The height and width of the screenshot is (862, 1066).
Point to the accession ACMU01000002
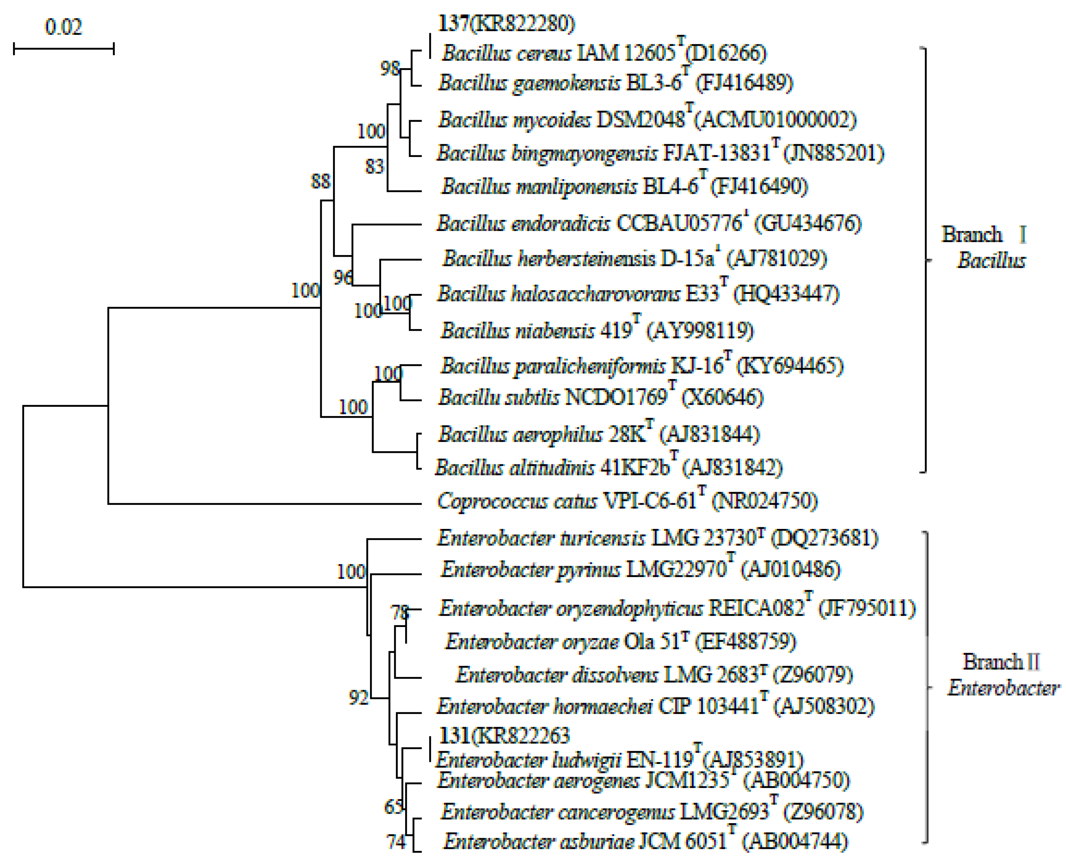coord(775,120)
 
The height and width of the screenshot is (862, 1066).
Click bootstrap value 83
coord(375,166)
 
